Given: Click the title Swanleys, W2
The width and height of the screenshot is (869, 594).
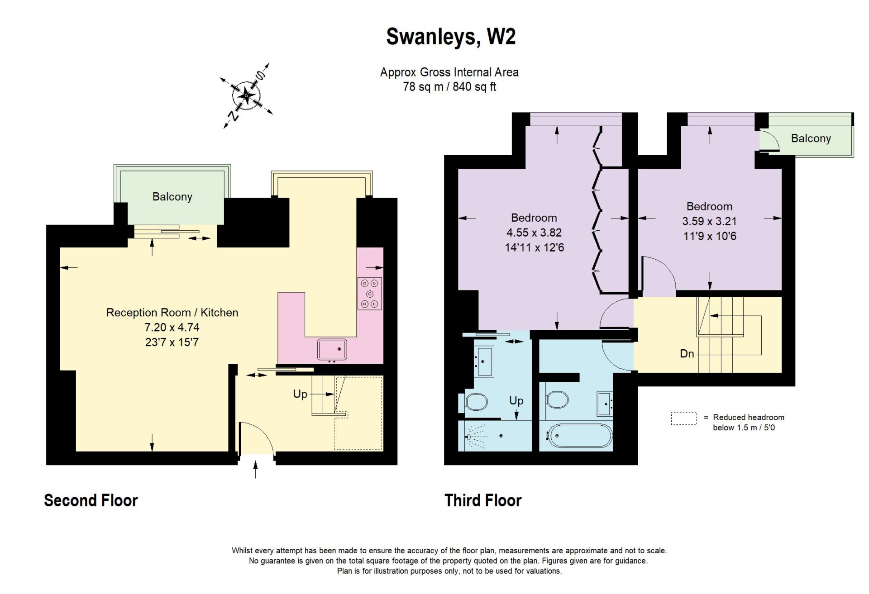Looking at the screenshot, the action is click(450, 37).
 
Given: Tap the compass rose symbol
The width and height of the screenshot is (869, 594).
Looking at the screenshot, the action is click(247, 95).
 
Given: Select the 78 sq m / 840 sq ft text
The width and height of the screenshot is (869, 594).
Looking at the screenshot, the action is click(449, 87).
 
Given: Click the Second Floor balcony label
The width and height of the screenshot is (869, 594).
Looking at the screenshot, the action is click(172, 197).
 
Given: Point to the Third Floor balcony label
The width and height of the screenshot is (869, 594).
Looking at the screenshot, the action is click(811, 138).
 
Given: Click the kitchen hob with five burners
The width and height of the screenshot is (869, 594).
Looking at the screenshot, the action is click(370, 294).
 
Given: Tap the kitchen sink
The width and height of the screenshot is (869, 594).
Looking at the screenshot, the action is click(332, 349).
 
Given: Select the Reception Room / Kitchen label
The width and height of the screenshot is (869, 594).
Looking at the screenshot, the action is click(172, 313).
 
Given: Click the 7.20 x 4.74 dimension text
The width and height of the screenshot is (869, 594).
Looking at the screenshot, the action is click(172, 328).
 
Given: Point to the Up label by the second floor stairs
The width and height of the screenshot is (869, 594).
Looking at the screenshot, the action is click(300, 394).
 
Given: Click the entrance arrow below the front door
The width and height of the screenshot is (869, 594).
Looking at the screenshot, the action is click(256, 469).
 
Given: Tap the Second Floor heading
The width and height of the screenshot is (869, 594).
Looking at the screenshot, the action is click(91, 500).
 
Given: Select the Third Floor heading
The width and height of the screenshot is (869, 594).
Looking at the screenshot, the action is click(483, 500).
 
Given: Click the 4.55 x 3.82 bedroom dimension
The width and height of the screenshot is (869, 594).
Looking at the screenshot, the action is click(534, 233).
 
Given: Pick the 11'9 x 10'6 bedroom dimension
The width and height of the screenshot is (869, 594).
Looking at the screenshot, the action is click(710, 236).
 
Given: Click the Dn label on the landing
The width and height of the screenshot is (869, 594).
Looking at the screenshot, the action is click(687, 354).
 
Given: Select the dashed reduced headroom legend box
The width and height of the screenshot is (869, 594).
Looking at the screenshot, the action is click(683, 418).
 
